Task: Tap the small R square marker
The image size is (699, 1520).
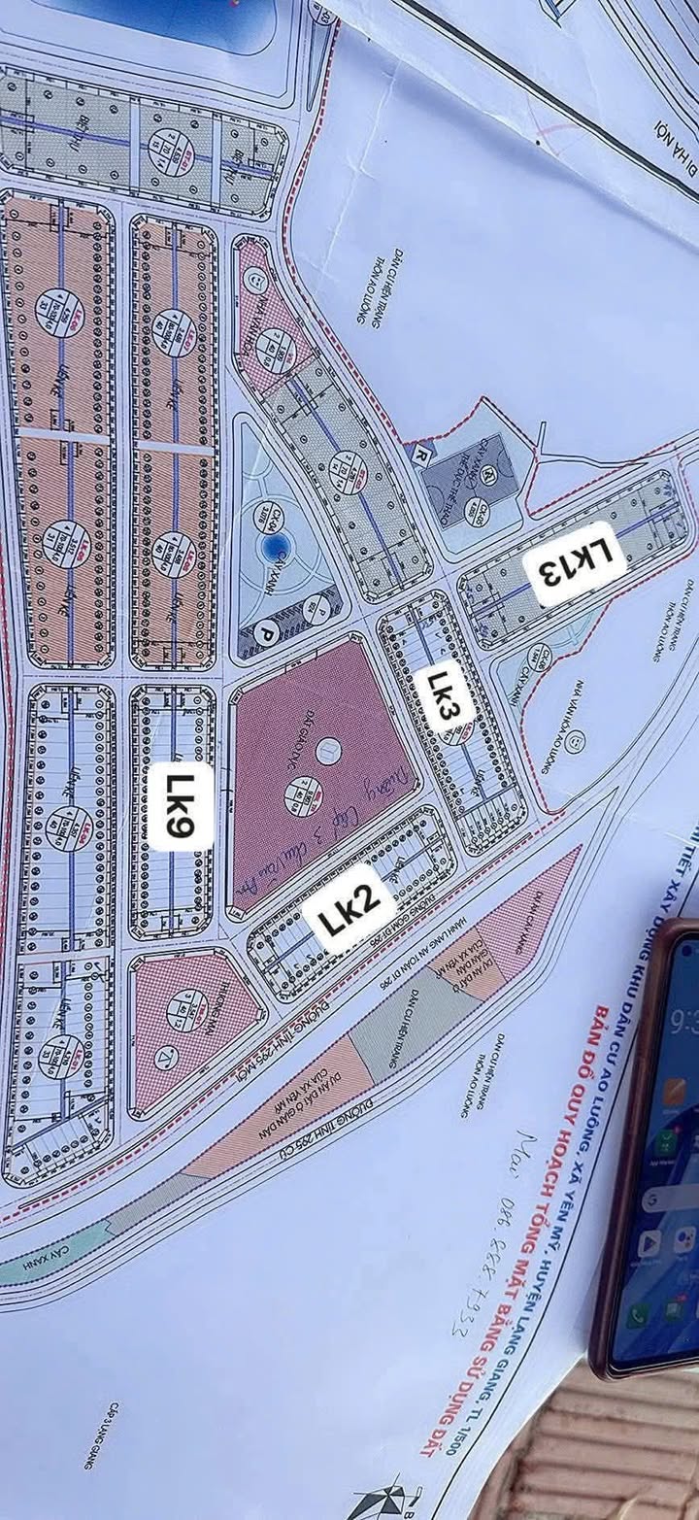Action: pos(421,454)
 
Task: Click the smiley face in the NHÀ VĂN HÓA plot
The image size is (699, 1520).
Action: pos(254,279)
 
